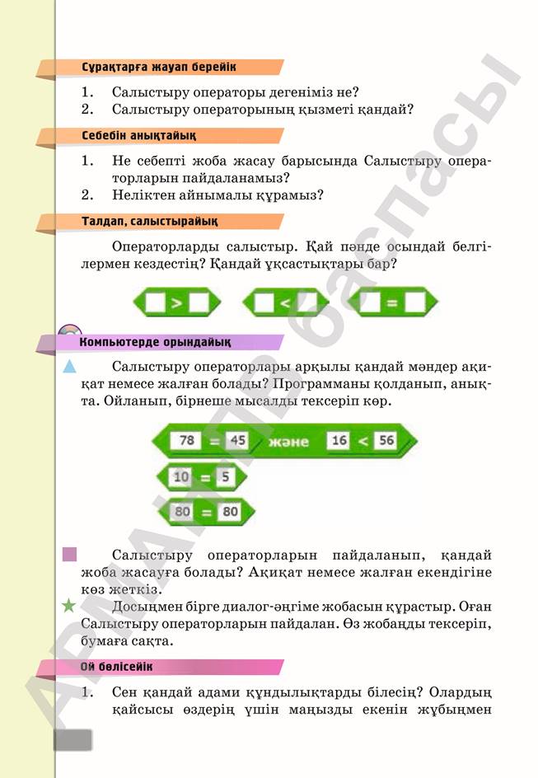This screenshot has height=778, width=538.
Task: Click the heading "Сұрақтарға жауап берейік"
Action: click(159, 67)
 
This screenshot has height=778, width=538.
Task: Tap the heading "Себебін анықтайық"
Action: click(139, 135)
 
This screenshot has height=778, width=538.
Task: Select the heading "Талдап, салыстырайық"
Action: click(149, 222)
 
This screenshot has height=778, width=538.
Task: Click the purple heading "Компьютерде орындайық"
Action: click(155, 342)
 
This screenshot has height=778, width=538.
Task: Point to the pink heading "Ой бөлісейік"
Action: click(116, 667)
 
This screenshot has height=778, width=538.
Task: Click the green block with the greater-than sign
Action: click(176, 302)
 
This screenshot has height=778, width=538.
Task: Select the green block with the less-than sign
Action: click(285, 302)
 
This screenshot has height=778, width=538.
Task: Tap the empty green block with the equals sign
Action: click(392, 302)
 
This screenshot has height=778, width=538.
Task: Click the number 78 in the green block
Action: click(186, 440)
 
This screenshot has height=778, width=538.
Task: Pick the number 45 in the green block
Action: click(237, 440)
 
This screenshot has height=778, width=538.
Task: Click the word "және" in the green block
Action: click(288, 442)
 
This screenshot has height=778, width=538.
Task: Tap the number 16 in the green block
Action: click(339, 440)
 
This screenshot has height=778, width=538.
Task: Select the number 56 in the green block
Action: click(386, 440)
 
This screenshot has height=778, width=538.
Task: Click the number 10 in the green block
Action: click(181, 477)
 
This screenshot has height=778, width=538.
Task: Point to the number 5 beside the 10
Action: click(225, 477)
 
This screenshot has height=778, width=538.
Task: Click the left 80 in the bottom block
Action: click(182, 511)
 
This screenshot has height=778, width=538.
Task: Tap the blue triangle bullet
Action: click(69, 367)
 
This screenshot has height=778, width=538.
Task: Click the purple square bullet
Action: click(69, 554)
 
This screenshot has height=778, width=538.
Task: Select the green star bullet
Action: click(68, 605)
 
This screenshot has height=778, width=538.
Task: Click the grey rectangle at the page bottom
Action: click(73, 740)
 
